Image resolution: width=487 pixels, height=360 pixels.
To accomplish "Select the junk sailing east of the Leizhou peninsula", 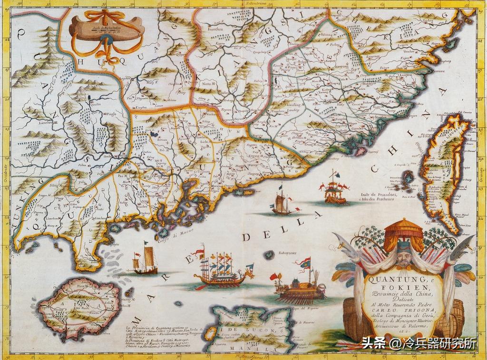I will pos(145,261).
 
